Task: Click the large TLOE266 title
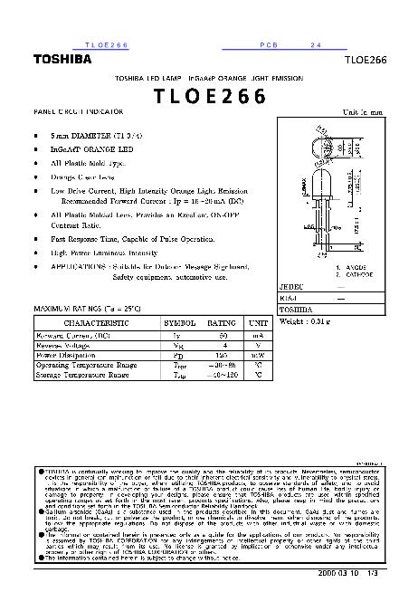209,97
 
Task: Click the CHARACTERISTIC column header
94,322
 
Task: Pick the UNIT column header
260,322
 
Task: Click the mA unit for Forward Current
260,335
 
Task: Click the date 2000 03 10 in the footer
340,574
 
